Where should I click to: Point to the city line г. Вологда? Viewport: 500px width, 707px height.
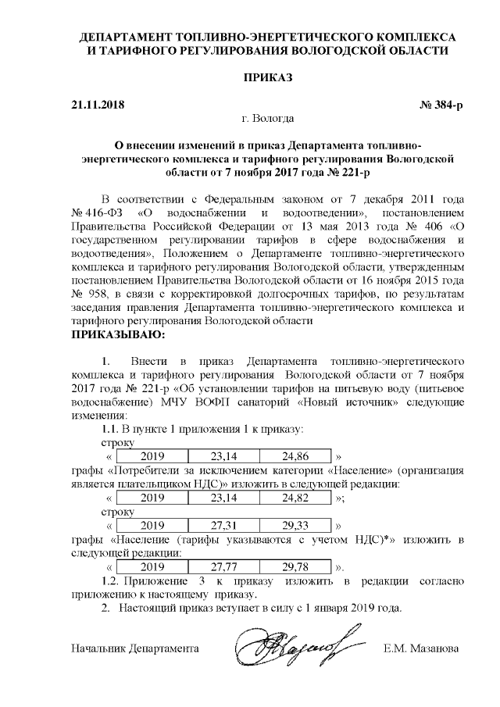pyautogui.click(x=268, y=119)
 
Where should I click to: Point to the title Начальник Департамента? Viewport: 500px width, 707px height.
pyautogui.click(x=134, y=649)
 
